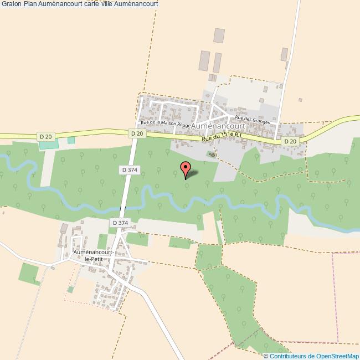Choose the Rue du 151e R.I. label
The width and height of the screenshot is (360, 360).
pyautogui.click(x=222, y=136)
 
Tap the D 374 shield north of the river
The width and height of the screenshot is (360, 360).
pyautogui.click(x=129, y=170)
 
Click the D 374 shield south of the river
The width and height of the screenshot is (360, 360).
pyautogui.click(x=120, y=223)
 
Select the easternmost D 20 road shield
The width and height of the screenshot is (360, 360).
pyautogui.click(x=290, y=142)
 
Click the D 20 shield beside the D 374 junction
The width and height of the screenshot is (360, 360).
pyautogui.click(x=137, y=133)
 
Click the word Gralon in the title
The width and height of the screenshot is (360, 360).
pyautogui.click(x=11, y=4)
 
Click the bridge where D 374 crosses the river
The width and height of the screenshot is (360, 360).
pyautogui.click(x=123, y=208)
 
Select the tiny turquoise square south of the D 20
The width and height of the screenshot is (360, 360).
pyautogui.click(x=71, y=140)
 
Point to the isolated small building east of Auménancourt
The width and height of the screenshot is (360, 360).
pyautogui.click(x=300, y=100)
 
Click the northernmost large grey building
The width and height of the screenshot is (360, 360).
pyautogui.click(x=220, y=36)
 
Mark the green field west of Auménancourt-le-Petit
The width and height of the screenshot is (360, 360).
pyautogui.click(x=29, y=273)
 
